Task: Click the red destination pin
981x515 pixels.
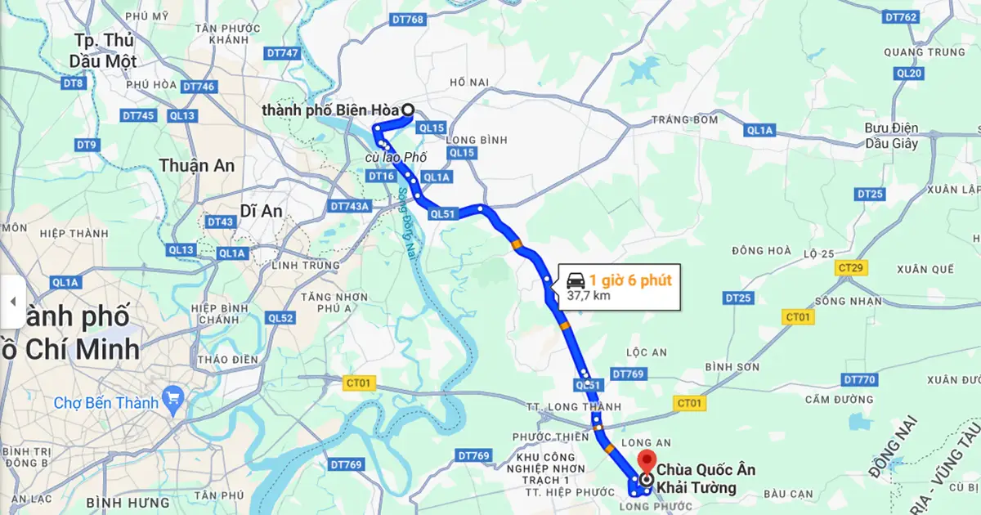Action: click(x=647, y=463)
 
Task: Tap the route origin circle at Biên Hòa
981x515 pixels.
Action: click(x=408, y=111)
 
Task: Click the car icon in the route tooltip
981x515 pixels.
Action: click(x=575, y=280)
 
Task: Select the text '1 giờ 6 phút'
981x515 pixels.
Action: click(x=630, y=280)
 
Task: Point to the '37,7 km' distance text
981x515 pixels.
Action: click(x=589, y=296)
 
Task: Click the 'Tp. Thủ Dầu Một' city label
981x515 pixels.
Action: click(x=104, y=51)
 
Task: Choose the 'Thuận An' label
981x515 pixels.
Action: click(x=196, y=166)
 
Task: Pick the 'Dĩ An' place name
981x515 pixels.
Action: click(x=261, y=211)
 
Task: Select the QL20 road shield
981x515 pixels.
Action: click(x=908, y=74)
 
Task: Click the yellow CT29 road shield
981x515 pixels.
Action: click(x=851, y=267)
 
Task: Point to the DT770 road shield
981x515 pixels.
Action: click(x=859, y=379)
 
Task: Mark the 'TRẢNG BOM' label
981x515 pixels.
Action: click(x=684, y=120)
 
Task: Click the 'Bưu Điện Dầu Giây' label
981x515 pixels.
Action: click(x=891, y=136)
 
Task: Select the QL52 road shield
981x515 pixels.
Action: click(x=280, y=318)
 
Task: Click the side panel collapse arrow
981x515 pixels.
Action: click(x=12, y=301)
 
